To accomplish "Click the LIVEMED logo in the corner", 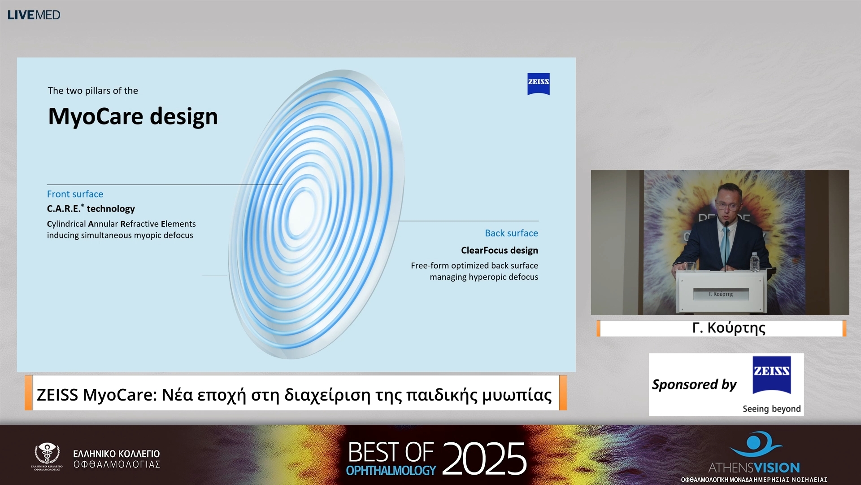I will (x=34, y=15).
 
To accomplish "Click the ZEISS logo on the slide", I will (x=538, y=84).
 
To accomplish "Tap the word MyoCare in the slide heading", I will (x=96, y=116).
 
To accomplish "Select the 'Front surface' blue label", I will (x=75, y=194).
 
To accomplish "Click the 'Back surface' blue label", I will (x=511, y=233).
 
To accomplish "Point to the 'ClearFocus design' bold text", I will (x=499, y=250).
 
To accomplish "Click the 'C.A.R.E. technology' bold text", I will (x=91, y=209).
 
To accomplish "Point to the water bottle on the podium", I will (x=755, y=262).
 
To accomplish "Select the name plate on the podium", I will (x=721, y=294).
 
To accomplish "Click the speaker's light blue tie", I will (x=725, y=245).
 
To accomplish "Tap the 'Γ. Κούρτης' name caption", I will (x=728, y=328).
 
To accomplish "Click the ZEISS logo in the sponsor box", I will (x=771, y=375).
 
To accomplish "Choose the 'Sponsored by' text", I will (x=694, y=384).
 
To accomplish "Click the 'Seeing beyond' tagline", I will (x=771, y=409).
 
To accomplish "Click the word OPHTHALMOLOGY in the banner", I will (x=391, y=471).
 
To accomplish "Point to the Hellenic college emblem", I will (x=47, y=454).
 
